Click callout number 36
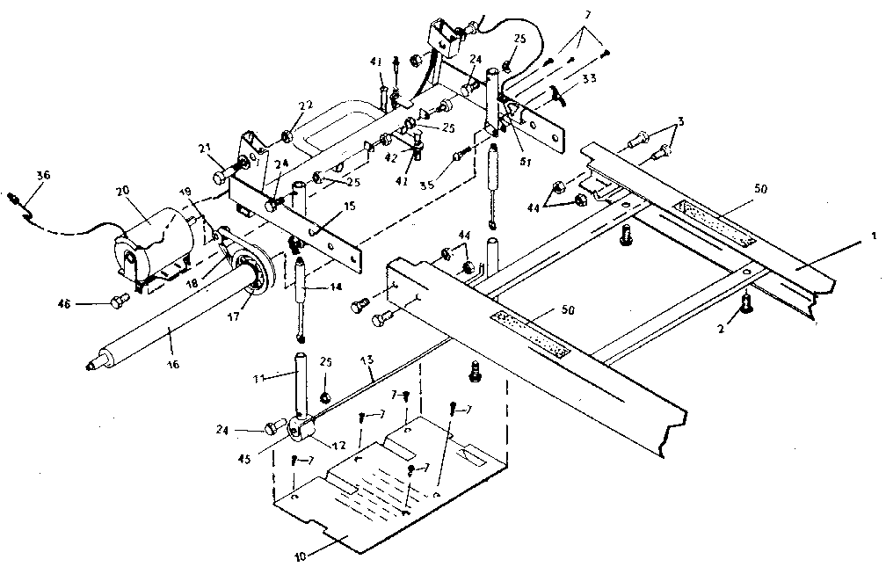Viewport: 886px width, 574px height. point(44,176)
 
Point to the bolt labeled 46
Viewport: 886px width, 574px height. point(115,303)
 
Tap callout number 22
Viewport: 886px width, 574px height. point(305,105)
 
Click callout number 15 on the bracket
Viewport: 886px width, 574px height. point(327,207)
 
